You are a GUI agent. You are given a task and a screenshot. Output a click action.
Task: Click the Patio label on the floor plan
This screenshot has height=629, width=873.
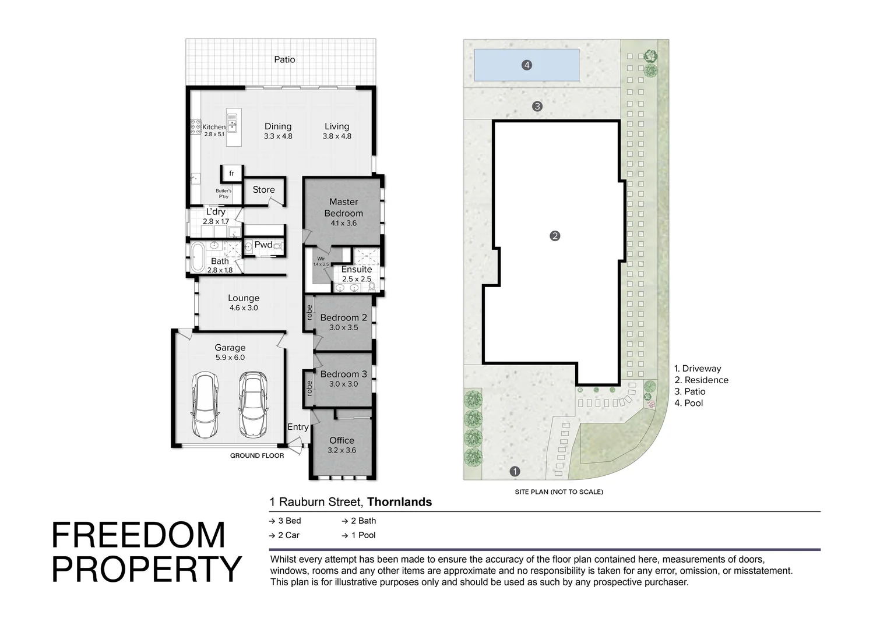(284, 59)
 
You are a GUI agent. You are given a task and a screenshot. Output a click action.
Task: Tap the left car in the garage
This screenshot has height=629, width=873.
(205, 405)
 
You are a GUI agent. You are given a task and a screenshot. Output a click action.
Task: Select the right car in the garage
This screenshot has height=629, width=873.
(253, 405)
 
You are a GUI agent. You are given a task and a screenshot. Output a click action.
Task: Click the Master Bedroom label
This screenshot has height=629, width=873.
(343, 207)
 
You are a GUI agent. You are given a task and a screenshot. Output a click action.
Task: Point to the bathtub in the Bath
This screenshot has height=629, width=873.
(196, 255)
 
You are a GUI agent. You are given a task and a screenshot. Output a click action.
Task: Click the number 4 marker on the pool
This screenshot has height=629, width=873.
(527, 65)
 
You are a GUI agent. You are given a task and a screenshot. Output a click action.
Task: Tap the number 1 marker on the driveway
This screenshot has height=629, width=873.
(515, 471)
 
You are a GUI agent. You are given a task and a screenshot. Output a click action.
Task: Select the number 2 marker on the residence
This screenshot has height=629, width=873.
(555, 236)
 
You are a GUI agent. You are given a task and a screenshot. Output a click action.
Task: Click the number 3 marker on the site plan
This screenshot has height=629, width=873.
(537, 106)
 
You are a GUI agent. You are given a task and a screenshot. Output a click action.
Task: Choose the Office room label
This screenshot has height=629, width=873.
(342, 440)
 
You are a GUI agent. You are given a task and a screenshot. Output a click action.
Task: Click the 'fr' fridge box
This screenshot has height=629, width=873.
(231, 174)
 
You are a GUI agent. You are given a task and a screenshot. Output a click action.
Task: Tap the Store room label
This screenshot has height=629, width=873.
(263, 190)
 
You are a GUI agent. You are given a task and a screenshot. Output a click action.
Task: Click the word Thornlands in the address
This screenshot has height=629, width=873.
(399, 502)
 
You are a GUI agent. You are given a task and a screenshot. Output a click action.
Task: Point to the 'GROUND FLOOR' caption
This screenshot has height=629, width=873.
(257, 455)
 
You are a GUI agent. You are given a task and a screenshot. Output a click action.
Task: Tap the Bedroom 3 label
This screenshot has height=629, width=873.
(343, 374)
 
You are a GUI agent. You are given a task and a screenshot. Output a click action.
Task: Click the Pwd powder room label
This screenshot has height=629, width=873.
(263, 245)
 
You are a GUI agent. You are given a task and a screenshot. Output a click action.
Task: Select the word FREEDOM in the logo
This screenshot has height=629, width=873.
(139, 536)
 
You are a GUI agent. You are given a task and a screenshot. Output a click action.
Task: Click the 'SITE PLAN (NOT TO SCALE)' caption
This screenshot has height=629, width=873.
(559, 492)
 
